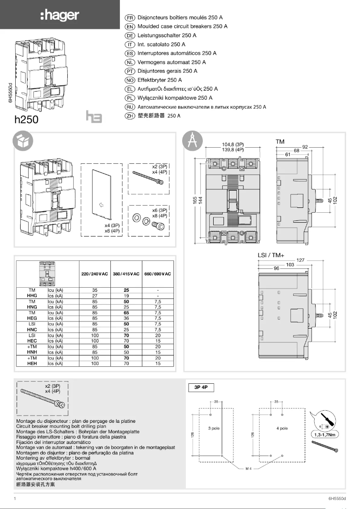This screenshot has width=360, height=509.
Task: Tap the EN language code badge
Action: (x=130, y=26)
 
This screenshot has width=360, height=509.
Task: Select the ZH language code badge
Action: (x=130, y=116)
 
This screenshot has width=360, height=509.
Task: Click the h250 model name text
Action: (x=27, y=120)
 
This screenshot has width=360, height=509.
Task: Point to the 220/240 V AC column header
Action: (x=95, y=274)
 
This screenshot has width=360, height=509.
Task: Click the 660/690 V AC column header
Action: (x=158, y=274)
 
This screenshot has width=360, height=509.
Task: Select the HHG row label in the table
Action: (x=32, y=296)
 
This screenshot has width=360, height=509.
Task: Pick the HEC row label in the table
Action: (x=32, y=341)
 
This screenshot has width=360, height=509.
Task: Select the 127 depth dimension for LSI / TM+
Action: (x=300, y=259)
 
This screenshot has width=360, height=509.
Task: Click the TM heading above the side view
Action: (x=280, y=141)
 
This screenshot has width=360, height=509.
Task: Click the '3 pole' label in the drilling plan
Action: (x=214, y=428)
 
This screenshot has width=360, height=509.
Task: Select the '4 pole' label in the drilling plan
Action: (x=282, y=428)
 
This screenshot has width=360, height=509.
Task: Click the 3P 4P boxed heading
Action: (x=203, y=387)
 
